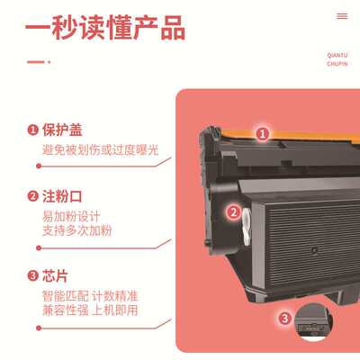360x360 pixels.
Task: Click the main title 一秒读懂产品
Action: tap(106, 27)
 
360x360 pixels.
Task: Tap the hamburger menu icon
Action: tap(341, 16)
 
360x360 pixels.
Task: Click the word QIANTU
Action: tap(337, 54)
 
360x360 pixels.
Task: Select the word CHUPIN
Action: tap(337, 63)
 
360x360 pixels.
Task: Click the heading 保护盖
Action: tap(63, 130)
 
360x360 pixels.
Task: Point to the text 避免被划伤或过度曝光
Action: tap(100, 149)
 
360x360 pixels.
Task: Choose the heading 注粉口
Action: tap(63, 197)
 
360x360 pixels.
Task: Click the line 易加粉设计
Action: tap(71, 217)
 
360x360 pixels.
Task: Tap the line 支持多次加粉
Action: tap(77, 232)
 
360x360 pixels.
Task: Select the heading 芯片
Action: tap(56, 275)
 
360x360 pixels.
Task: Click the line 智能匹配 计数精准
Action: tap(90, 295)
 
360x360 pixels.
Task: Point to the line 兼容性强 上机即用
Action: tap(90, 310)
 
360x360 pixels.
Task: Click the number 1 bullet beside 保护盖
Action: tap(32, 130)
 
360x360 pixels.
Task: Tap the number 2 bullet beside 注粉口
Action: tap(32, 197)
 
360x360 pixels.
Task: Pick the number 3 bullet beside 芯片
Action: tap(32, 275)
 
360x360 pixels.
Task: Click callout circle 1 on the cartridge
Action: tap(263, 133)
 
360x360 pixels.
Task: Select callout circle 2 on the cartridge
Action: tap(232, 212)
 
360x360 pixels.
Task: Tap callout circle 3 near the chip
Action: tap(284, 318)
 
